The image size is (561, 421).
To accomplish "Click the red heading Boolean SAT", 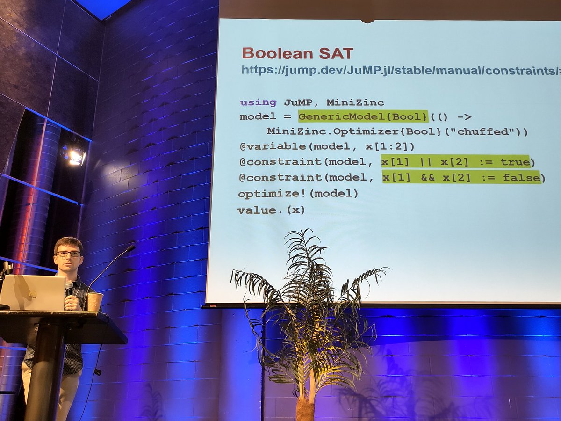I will (x=297, y=53).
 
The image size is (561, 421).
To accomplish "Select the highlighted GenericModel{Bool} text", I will (x=363, y=116).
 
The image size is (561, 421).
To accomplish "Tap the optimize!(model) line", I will (x=298, y=193).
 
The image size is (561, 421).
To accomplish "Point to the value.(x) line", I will (x=271, y=210).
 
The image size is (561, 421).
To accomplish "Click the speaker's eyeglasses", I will (x=68, y=254).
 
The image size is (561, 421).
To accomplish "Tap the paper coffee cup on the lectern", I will (x=94, y=301).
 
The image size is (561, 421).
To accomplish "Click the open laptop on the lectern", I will (x=33, y=292).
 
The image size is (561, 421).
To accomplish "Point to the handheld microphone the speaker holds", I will (x=69, y=287).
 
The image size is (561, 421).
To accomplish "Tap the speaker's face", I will (x=69, y=257).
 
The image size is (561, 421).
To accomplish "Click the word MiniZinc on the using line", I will (x=355, y=102).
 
